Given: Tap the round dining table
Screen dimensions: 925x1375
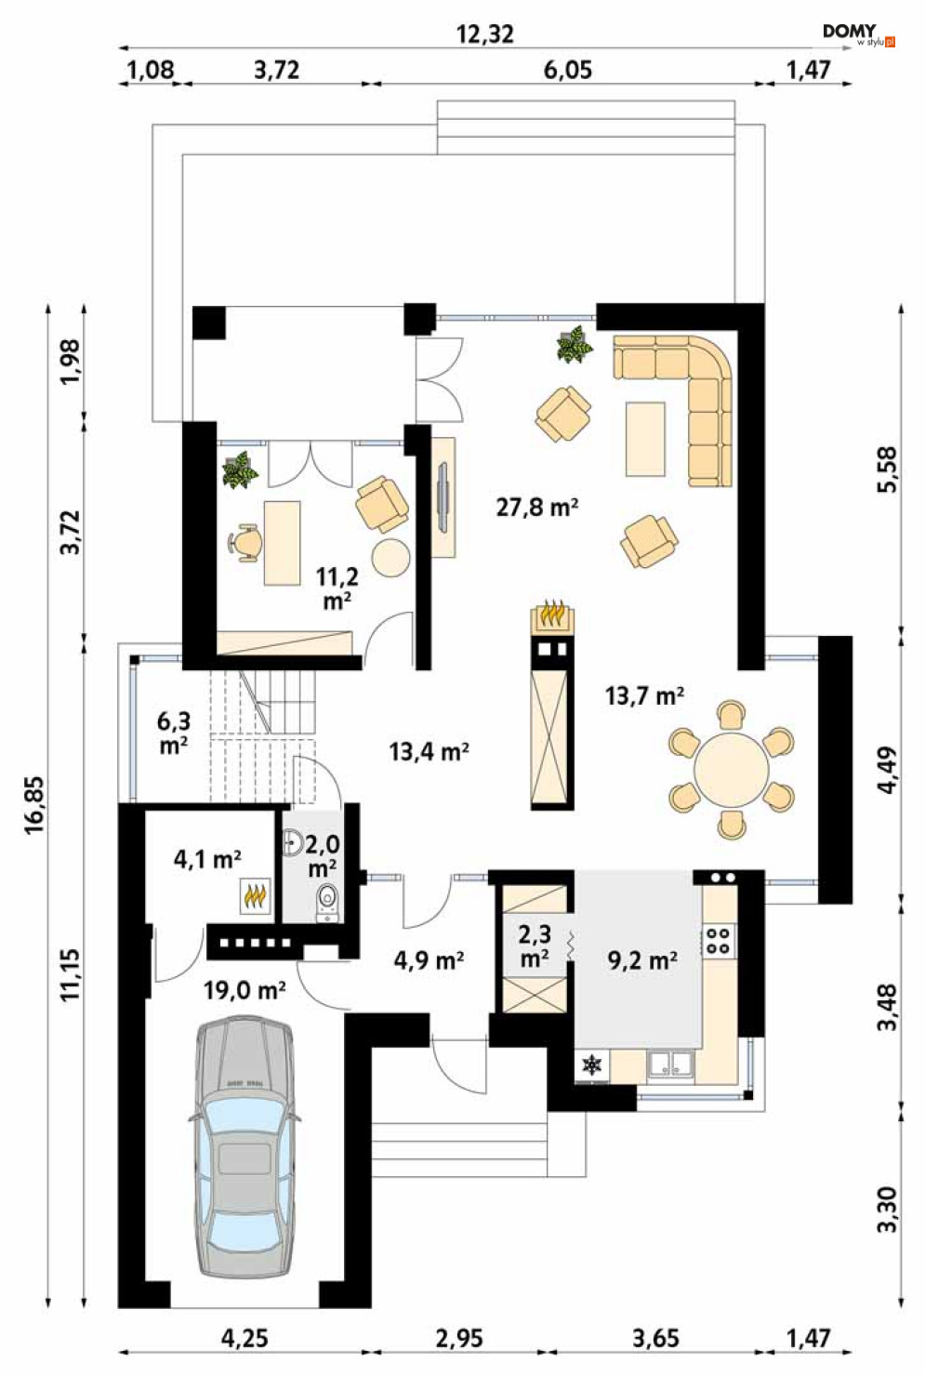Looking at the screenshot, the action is [x=731, y=769].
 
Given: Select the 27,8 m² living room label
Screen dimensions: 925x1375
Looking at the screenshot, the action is [x=537, y=508].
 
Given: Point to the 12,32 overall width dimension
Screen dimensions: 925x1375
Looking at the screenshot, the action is [x=485, y=34].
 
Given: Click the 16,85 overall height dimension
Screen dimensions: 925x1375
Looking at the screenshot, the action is [x=35, y=804].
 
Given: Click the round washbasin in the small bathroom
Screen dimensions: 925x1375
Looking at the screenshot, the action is [x=294, y=842].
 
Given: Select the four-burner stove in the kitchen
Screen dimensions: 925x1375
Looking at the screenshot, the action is [x=719, y=941].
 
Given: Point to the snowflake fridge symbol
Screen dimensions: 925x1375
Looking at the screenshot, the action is [x=591, y=1065].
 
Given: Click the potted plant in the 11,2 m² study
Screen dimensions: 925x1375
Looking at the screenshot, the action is [x=240, y=470].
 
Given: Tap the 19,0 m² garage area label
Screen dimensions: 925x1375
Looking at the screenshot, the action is [x=244, y=990].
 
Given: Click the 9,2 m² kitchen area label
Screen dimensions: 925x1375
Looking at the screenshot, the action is [x=642, y=959].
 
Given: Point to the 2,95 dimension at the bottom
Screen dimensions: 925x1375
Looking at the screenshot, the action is [x=460, y=1339].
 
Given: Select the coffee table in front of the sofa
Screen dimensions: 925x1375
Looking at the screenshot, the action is [x=645, y=438].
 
